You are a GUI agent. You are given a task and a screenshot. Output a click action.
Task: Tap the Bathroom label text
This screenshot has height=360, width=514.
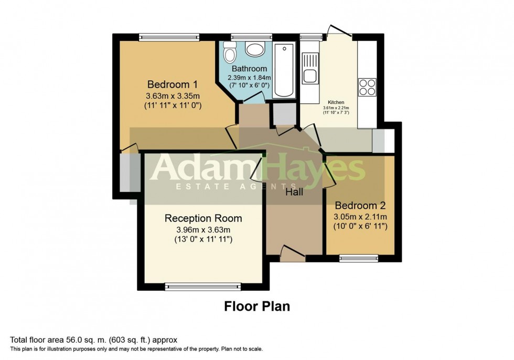249,69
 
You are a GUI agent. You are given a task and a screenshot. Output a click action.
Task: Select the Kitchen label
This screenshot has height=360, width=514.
336,102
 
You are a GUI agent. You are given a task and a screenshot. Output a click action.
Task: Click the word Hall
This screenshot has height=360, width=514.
294,192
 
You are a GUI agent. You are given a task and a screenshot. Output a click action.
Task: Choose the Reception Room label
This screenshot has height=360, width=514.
204,218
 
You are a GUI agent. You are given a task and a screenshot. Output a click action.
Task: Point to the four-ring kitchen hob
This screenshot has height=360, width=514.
367,87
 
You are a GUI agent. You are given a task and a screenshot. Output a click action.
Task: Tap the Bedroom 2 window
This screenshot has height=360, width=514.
359,258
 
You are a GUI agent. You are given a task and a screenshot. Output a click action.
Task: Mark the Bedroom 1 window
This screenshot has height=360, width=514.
168,37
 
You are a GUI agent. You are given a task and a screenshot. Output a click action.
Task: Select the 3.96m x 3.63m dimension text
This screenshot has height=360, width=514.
204,230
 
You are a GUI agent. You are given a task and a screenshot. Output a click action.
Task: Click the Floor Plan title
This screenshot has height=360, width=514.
257,306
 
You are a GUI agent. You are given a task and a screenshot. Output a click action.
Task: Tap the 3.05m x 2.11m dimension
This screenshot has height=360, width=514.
360,217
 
